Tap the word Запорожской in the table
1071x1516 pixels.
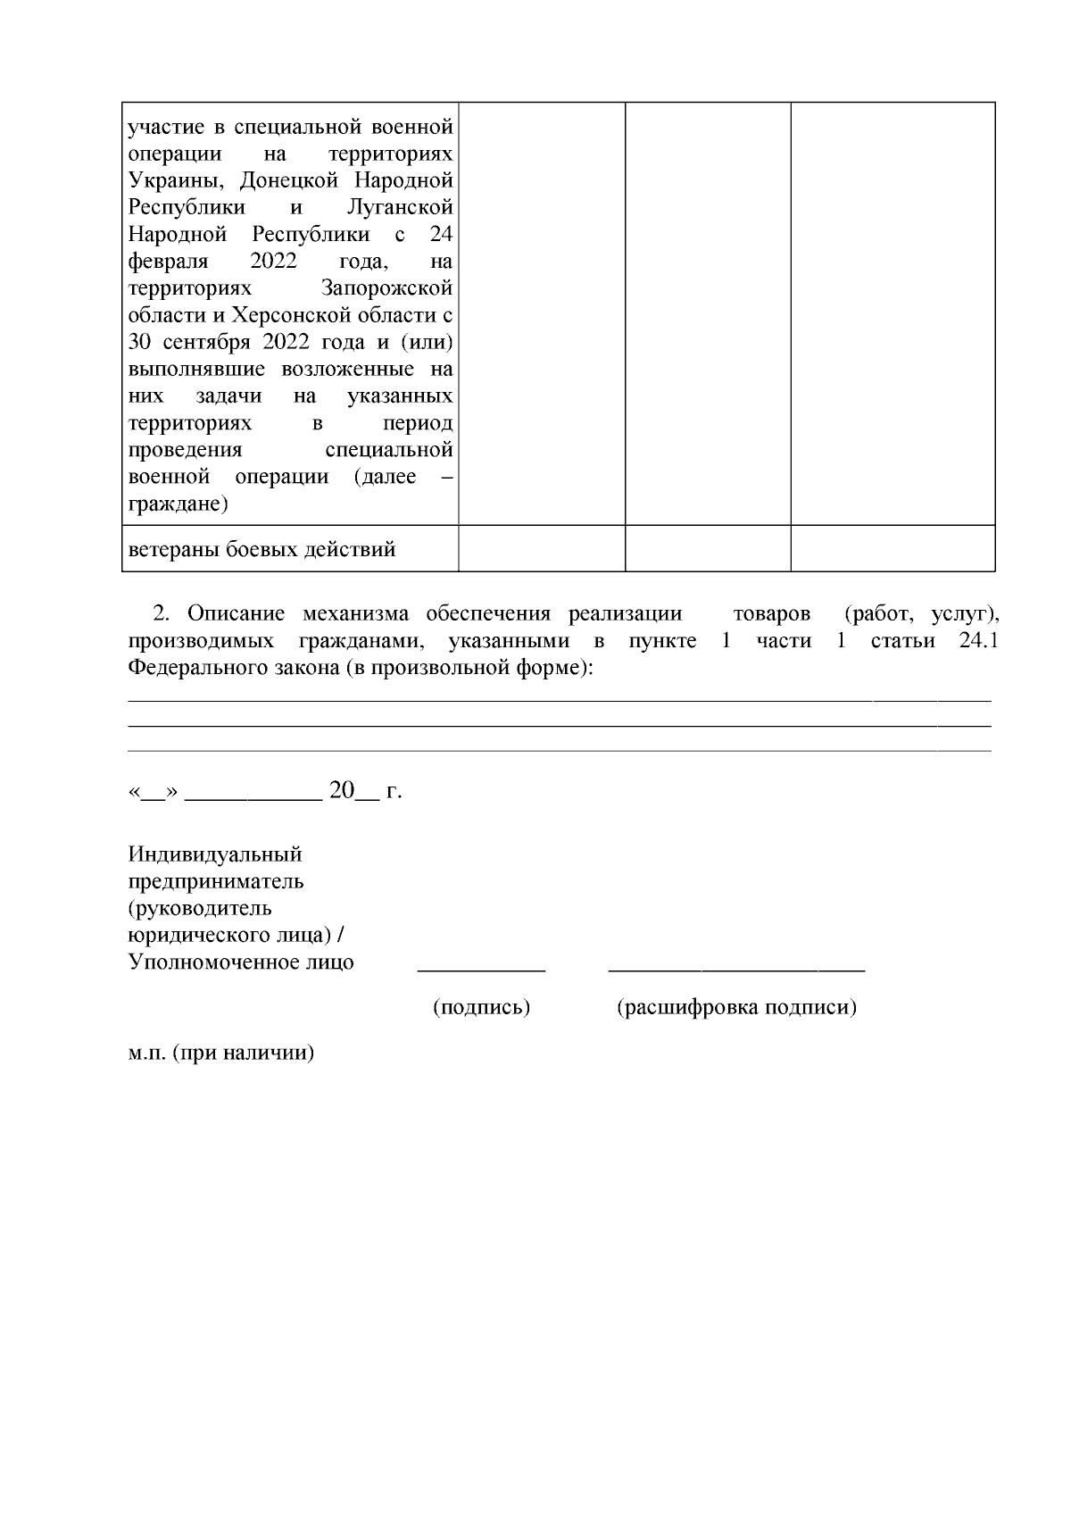tap(386, 288)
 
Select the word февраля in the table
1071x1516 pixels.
tap(168, 262)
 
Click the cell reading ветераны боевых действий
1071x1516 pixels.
tap(262, 549)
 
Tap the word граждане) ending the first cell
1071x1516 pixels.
tap(178, 504)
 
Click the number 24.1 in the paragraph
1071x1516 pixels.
tap(977, 641)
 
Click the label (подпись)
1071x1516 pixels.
tap(481, 1008)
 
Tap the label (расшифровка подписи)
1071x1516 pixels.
tap(736, 1008)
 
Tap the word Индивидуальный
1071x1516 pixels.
tap(215, 854)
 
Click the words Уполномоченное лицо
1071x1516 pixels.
tap(241, 962)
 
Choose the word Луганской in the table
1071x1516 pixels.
tap(399, 208)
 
